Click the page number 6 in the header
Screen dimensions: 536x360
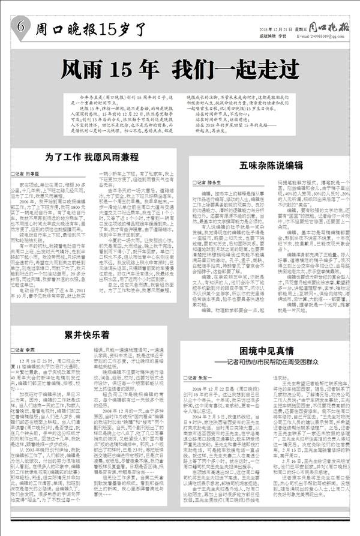pyautogui.click(x=21, y=26)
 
